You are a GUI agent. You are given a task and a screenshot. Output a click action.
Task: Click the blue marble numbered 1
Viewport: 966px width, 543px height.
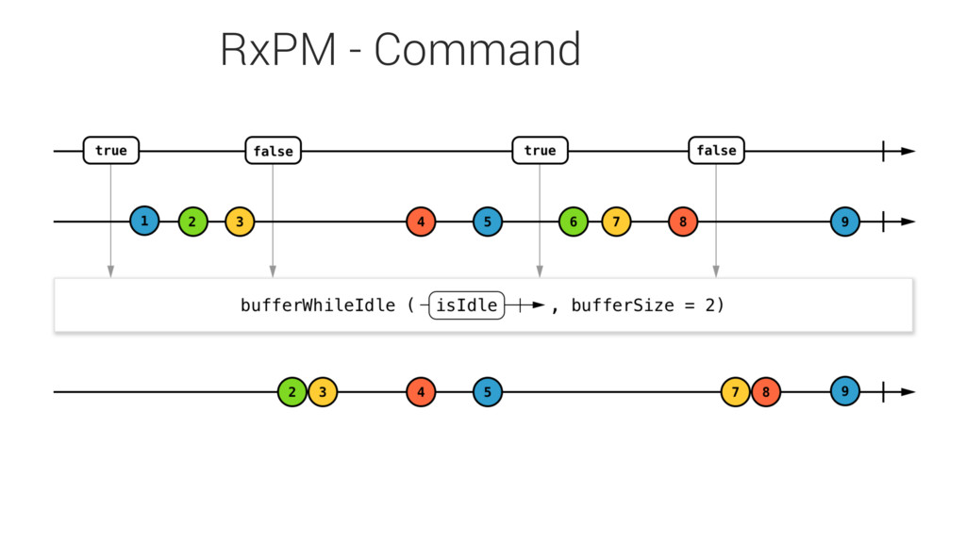click(x=144, y=221)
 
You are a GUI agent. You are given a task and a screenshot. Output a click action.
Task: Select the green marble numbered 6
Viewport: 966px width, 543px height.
click(x=574, y=222)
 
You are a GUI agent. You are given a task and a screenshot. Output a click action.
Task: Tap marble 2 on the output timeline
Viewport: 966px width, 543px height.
click(x=292, y=391)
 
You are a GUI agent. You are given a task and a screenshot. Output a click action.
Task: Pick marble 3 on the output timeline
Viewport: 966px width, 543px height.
click(x=323, y=391)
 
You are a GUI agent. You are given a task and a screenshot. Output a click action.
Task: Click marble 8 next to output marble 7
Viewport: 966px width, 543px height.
click(x=766, y=391)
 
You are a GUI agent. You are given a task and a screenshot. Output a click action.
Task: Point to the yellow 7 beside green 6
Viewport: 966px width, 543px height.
click(x=616, y=222)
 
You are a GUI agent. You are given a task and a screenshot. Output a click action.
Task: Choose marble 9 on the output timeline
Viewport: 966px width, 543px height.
click(x=845, y=391)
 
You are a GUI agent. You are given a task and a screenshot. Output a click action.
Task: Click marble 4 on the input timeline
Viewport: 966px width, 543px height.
click(x=422, y=222)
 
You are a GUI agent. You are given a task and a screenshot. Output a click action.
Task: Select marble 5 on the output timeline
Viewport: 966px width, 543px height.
click(x=488, y=391)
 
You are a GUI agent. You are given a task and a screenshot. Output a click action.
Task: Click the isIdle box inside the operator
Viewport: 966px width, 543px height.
click(x=466, y=304)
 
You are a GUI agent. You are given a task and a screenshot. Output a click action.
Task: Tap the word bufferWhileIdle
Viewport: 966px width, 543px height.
click(x=318, y=305)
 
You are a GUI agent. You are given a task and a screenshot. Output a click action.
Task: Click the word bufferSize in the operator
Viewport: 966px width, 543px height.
click(x=623, y=305)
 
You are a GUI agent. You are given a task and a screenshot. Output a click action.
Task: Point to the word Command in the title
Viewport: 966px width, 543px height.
click(x=477, y=49)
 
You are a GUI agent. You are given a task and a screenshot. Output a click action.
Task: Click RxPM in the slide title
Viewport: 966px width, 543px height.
click(x=278, y=49)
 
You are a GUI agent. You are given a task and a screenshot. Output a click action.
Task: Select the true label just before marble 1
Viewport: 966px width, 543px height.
click(x=111, y=150)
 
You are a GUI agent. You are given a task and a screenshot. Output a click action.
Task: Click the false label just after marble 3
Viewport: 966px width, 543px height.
click(x=274, y=150)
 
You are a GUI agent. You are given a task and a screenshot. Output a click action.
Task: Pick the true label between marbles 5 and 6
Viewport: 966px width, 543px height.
click(x=541, y=150)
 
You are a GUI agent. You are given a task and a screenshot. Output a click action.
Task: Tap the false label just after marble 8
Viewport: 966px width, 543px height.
click(x=717, y=150)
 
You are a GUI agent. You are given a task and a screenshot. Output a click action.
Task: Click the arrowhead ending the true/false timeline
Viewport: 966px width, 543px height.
click(x=908, y=151)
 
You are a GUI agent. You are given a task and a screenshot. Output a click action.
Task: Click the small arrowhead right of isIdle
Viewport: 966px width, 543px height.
click(x=539, y=304)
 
